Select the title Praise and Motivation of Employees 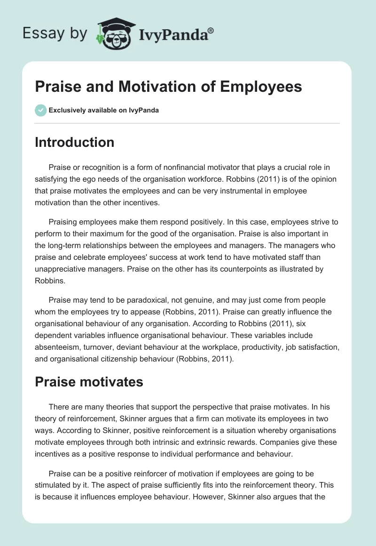[x=168, y=87]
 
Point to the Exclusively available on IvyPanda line [x=104, y=110]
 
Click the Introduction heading [x=74, y=142]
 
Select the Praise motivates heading [x=89, y=381]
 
